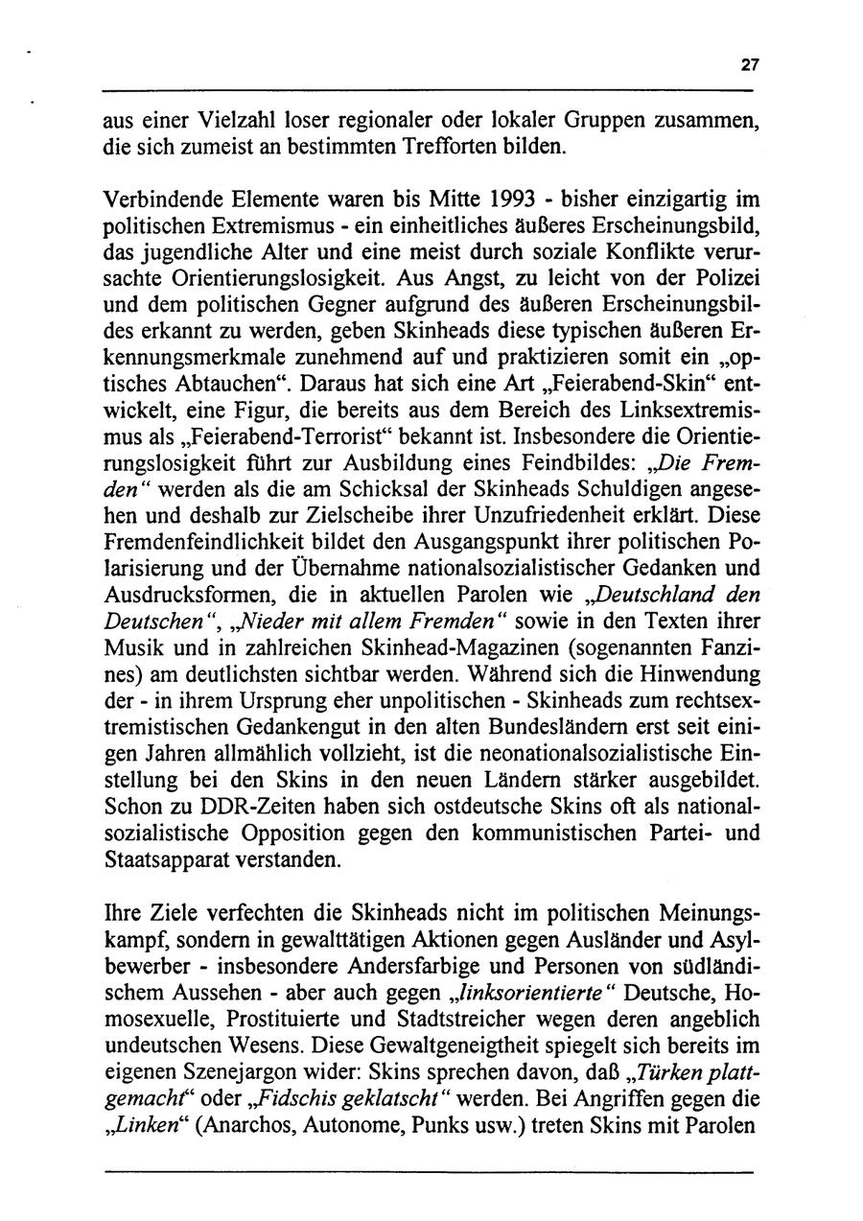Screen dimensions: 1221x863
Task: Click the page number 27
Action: pos(749,65)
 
